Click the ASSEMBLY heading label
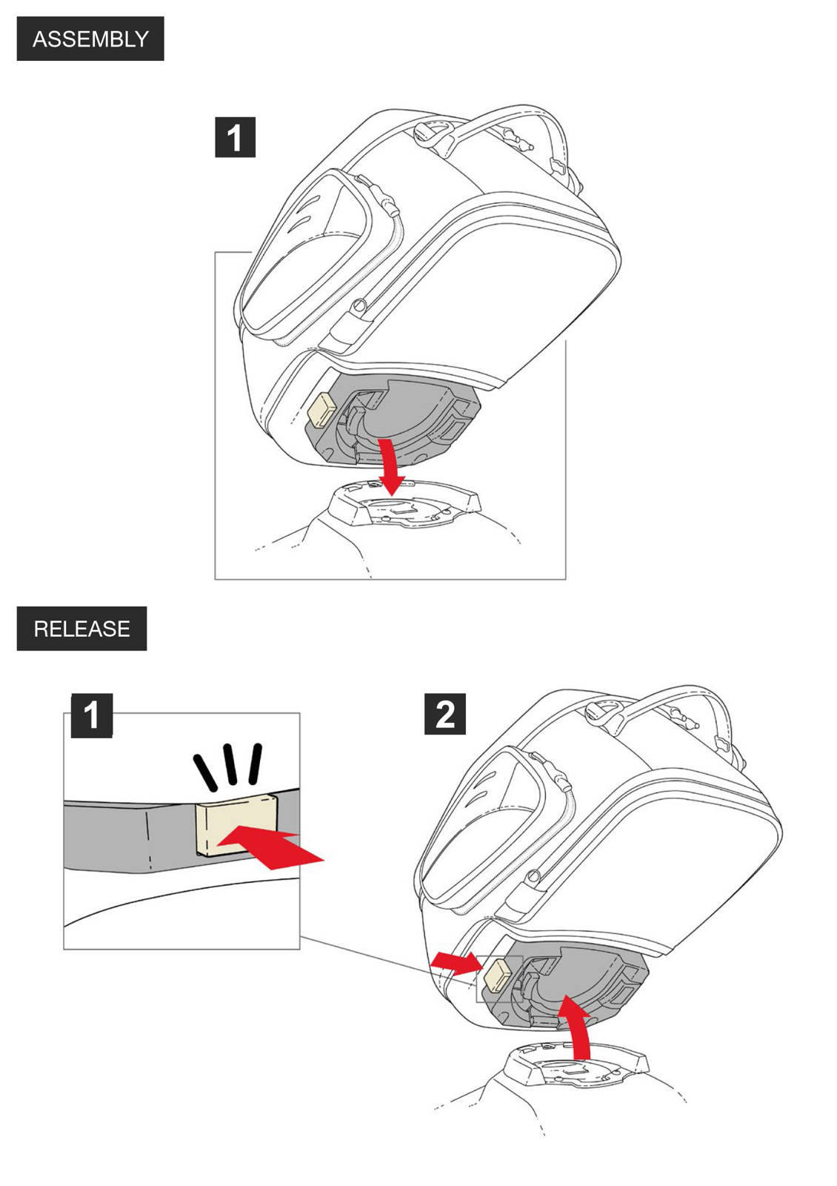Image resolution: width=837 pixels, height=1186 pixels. coord(90,39)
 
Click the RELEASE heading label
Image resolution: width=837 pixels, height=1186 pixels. coord(81,629)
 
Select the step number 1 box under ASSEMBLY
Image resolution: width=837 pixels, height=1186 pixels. coord(235,137)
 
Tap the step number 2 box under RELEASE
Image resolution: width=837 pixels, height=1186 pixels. coord(444,714)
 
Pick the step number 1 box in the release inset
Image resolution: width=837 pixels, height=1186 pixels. coord(91,715)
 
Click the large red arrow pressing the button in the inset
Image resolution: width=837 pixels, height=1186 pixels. coord(274,847)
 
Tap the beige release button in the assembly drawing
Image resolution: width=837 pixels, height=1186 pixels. coord(321,410)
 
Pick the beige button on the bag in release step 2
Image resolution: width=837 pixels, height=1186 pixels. coord(496,975)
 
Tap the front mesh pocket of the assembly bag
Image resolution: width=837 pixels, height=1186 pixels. coord(304,252)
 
